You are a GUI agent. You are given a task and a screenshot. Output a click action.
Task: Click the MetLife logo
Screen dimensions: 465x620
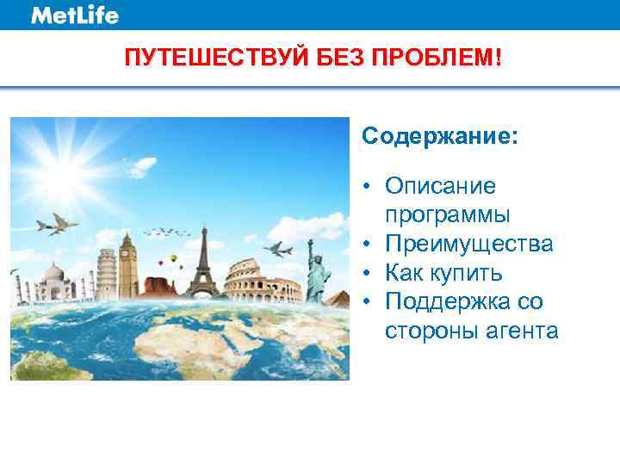(x=75, y=15)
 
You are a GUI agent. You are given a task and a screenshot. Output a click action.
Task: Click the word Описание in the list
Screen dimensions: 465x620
(x=441, y=186)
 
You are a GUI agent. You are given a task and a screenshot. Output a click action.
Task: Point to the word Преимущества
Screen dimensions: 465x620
(x=469, y=245)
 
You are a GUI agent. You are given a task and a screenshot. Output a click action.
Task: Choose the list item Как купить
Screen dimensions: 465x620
(x=443, y=274)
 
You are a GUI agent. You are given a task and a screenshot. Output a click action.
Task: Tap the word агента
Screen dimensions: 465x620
(x=520, y=331)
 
